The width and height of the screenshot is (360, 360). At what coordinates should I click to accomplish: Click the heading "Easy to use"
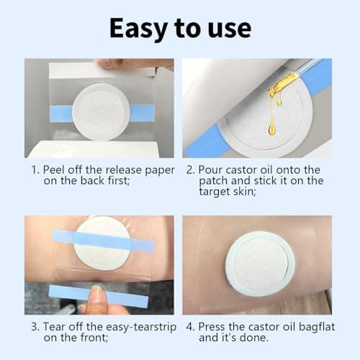pyautogui.click(x=180, y=27)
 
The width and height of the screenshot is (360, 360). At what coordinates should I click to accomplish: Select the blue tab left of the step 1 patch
pyautogui.click(x=62, y=113)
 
